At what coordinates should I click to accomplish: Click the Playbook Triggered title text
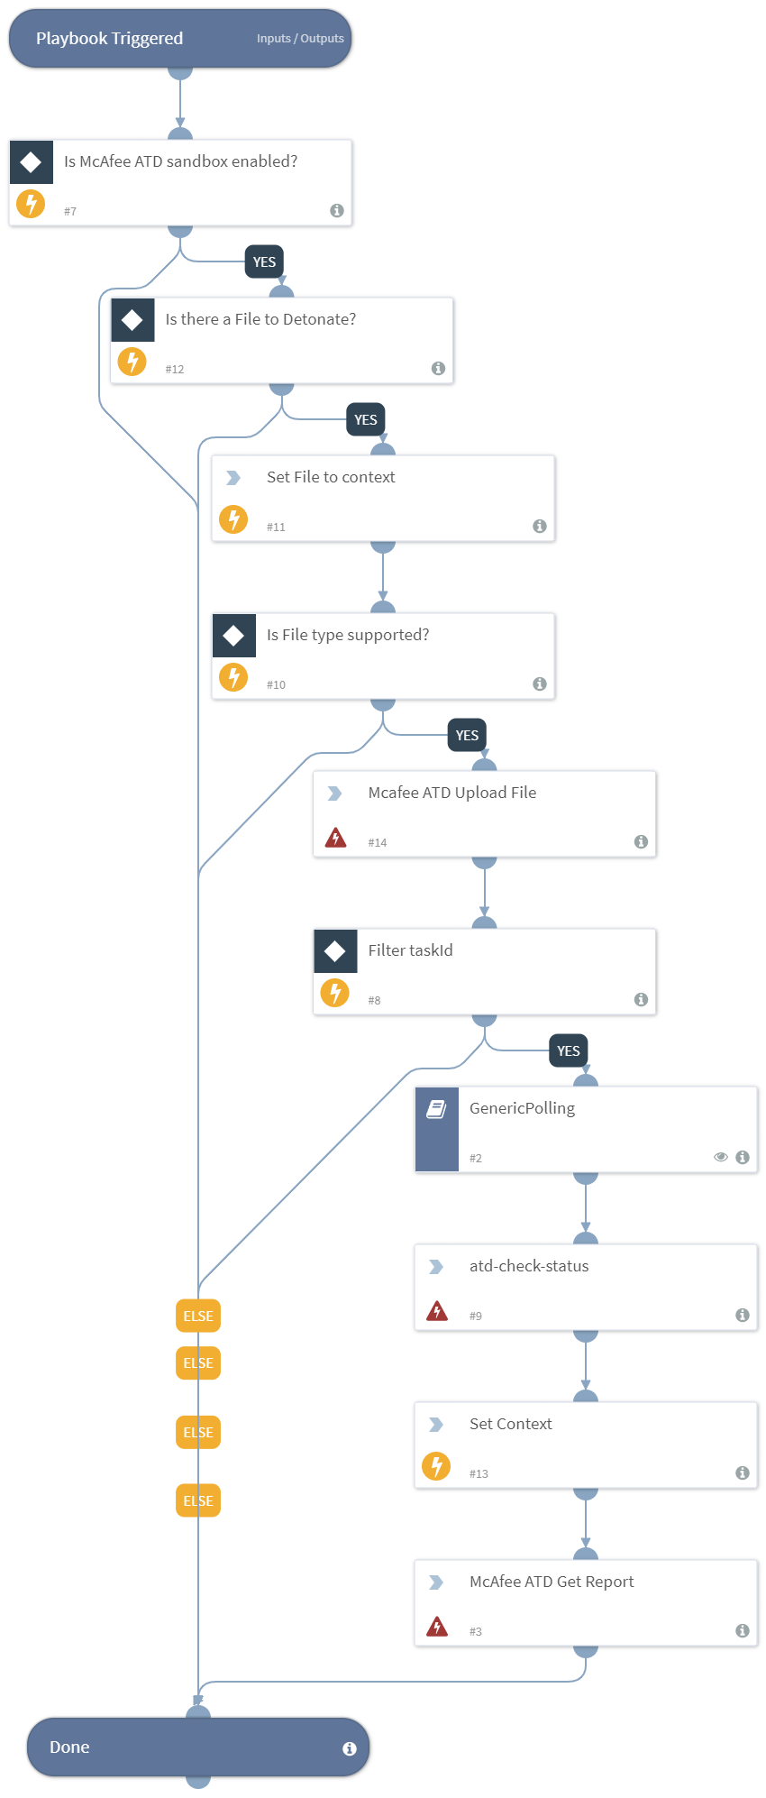point(109,39)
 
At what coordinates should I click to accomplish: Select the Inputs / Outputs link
point(300,39)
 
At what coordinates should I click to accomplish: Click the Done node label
point(69,1747)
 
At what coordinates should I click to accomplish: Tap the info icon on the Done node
point(350,1748)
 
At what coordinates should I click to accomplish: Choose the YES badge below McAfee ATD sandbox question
point(264,262)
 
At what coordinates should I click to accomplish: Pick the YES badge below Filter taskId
point(568,1050)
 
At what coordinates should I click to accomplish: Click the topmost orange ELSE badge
point(198,1316)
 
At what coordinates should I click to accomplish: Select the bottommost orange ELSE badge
point(198,1500)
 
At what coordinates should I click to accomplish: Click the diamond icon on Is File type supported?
point(233,636)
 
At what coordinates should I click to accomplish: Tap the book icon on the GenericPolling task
point(436,1109)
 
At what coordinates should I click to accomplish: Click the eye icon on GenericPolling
point(721,1157)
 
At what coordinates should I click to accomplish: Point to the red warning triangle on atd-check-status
point(437,1311)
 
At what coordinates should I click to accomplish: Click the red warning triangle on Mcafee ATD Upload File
point(335,838)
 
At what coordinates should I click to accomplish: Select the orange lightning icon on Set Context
point(436,1466)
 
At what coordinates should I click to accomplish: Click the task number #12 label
point(175,370)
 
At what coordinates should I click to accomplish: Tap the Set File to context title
point(331,477)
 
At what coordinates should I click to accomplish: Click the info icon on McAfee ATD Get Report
point(743,1630)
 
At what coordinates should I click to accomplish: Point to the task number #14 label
point(378,843)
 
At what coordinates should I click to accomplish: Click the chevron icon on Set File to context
point(233,478)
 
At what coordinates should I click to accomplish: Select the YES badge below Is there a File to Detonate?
point(366,420)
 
